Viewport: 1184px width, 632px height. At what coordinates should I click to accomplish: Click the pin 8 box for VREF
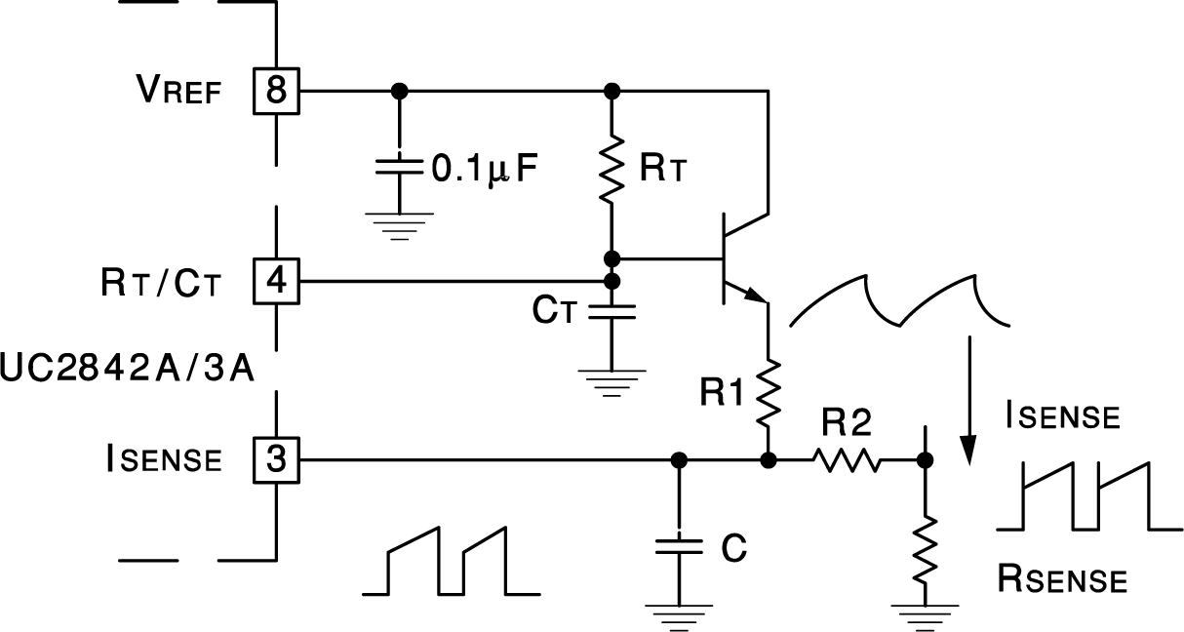click(x=276, y=91)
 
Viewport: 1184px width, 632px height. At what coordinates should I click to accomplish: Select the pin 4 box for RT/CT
click(x=276, y=282)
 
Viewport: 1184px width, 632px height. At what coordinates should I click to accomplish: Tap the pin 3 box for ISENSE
click(x=276, y=458)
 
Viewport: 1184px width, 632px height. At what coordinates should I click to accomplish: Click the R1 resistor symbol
click(x=769, y=392)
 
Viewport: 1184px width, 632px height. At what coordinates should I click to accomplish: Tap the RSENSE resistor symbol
click(x=925, y=551)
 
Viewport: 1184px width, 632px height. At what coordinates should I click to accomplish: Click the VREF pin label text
click(x=178, y=92)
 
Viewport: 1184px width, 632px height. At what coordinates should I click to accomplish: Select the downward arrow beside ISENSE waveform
click(x=968, y=400)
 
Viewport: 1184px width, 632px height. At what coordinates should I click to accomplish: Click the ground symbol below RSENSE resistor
click(x=924, y=614)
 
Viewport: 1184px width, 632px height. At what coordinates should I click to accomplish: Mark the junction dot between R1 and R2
click(x=769, y=458)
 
